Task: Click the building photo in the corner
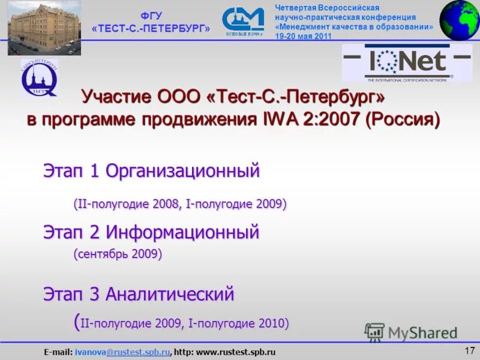click(x=44, y=28)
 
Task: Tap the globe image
click(x=460, y=20)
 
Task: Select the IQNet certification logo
click(x=407, y=62)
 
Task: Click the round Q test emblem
click(x=40, y=78)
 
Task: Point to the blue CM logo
click(x=242, y=20)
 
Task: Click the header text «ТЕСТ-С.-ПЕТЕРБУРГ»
click(x=151, y=29)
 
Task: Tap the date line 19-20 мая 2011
click(x=304, y=36)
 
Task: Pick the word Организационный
click(x=182, y=171)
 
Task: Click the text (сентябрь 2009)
click(x=118, y=254)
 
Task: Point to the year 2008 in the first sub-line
click(x=164, y=204)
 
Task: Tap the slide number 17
click(x=469, y=350)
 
